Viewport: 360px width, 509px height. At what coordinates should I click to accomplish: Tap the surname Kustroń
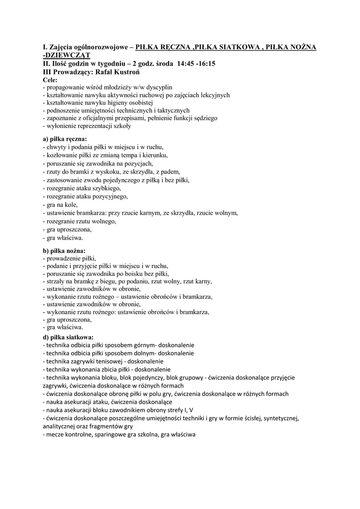(x=122, y=72)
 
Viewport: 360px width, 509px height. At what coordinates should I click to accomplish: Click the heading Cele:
(x=51, y=80)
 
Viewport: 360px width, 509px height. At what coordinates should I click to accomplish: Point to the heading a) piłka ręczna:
(x=65, y=139)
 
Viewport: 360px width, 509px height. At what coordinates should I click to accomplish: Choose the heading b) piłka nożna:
(x=65, y=251)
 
